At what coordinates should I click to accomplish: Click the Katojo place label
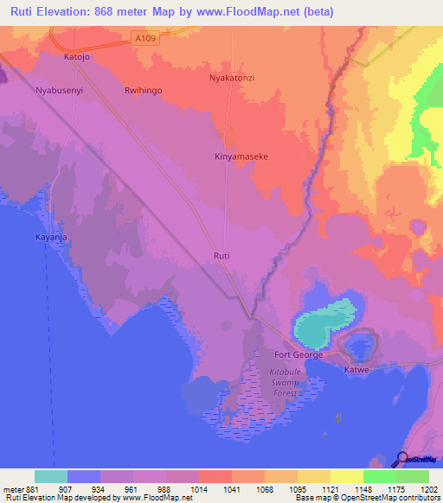click(x=77, y=57)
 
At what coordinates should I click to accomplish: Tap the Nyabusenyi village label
click(x=59, y=89)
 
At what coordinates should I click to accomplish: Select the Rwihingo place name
click(x=144, y=89)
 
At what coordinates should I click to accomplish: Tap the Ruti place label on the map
click(x=221, y=256)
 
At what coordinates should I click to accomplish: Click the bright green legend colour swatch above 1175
click(x=379, y=476)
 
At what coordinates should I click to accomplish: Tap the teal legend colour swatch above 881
click(x=51, y=476)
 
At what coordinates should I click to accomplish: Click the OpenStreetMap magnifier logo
click(x=404, y=460)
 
